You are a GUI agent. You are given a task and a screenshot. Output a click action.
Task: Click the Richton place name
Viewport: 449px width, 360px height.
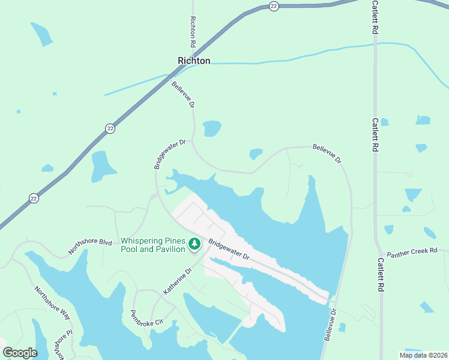click(x=194, y=61)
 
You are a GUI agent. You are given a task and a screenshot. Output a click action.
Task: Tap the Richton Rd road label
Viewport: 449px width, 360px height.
click(x=193, y=32)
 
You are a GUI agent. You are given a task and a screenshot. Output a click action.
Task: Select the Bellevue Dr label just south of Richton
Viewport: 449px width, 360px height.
click(x=184, y=95)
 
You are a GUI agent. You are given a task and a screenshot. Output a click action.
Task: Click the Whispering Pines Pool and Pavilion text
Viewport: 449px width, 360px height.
click(x=152, y=245)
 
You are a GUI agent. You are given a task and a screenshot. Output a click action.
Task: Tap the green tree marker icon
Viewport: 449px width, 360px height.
click(x=194, y=244)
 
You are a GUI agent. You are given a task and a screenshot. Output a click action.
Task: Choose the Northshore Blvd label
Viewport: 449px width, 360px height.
click(x=91, y=246)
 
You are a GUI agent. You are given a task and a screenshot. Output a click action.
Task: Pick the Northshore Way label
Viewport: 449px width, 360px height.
click(x=52, y=304)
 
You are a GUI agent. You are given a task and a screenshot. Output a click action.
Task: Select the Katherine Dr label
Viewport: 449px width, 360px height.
click(x=178, y=281)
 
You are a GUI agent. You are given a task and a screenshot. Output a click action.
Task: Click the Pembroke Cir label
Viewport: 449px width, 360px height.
click(x=147, y=318)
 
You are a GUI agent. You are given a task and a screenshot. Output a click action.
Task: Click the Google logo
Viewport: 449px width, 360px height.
click(x=20, y=352)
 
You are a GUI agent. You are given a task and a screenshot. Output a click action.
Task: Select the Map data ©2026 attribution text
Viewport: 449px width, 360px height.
click(x=423, y=355)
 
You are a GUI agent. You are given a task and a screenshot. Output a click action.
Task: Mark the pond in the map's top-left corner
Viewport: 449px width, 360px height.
click(x=42, y=34)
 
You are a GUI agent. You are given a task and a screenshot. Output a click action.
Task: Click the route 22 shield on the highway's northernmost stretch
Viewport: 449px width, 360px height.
click(x=274, y=5)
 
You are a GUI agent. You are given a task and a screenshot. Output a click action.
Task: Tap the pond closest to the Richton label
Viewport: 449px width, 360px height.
click(x=212, y=128)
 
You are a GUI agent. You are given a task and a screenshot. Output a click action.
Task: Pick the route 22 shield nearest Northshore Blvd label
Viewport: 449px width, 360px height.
click(x=34, y=198)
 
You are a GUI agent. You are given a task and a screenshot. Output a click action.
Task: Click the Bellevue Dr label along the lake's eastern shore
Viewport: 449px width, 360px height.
click(x=331, y=325)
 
